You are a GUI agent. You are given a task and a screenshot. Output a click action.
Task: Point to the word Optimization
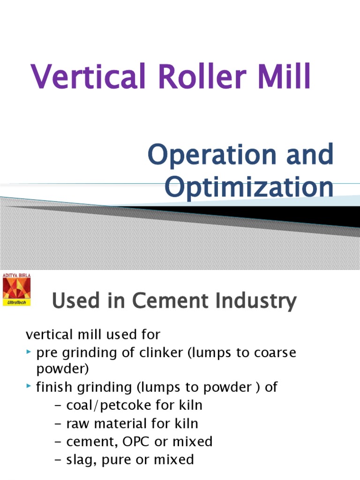pyautogui.click(x=249, y=187)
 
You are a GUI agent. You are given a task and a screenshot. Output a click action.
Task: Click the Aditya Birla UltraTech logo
pyautogui.click(x=16, y=290)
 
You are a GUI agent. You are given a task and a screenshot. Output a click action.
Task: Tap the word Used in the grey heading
pyautogui.click(x=74, y=300)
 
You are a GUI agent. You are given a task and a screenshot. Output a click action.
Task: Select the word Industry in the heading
pyautogui.click(x=252, y=300)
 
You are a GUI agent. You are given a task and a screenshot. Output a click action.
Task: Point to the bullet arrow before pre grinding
pyautogui.click(x=30, y=352)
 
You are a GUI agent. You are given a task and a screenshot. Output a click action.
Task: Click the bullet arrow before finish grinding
pyautogui.click(x=30, y=387)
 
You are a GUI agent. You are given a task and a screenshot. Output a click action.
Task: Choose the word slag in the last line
pyautogui.click(x=82, y=459)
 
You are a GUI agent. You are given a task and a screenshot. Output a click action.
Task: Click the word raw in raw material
pyautogui.click(x=80, y=423)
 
